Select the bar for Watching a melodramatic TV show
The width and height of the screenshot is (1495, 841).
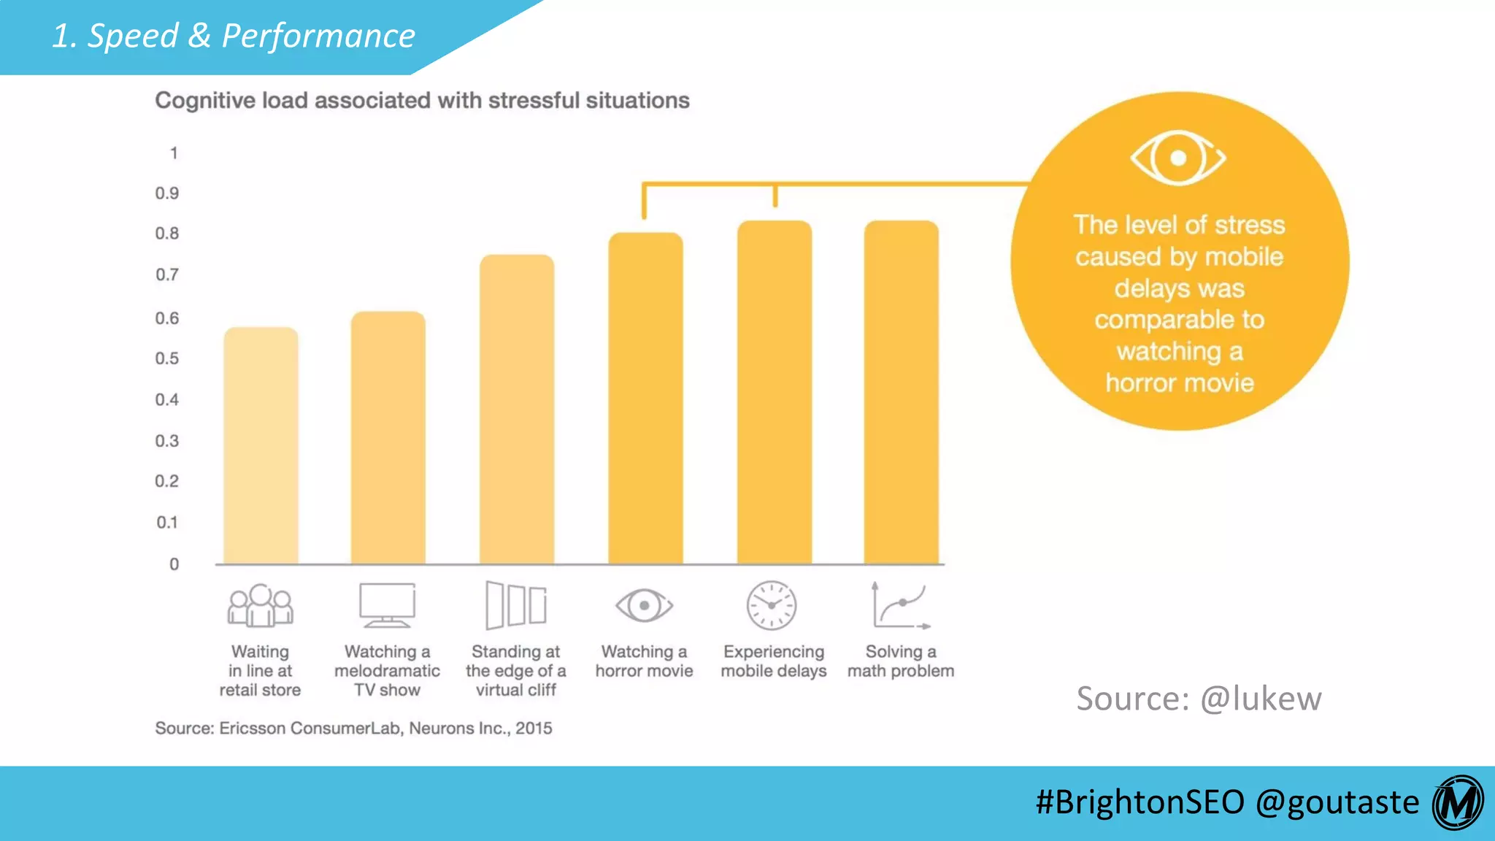388,438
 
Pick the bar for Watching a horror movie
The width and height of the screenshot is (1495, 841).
645,398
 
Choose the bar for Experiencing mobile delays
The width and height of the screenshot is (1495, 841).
775,392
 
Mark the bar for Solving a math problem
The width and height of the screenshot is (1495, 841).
902,392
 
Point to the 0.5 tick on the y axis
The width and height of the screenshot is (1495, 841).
167,358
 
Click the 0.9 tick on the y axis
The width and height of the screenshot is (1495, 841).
167,193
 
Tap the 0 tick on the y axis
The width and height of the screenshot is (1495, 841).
174,564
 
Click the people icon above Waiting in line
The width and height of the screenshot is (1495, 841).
261,606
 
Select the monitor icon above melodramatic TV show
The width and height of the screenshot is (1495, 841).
388,605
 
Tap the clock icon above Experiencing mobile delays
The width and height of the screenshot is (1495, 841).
772,605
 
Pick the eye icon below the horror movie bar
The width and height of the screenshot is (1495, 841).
644,605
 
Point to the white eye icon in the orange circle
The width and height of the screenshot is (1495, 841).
1178,158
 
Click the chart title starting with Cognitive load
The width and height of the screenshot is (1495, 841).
422,100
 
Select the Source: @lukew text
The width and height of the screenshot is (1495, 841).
1199,699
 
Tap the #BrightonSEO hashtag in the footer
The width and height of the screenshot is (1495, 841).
1139,802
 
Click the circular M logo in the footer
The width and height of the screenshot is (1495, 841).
1458,802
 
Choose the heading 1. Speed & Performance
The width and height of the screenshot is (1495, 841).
234,36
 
